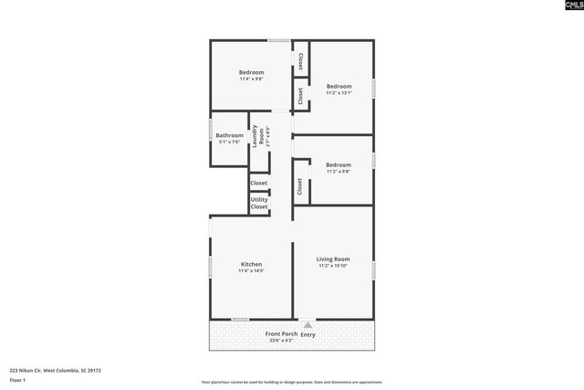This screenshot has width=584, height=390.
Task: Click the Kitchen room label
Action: (251, 264)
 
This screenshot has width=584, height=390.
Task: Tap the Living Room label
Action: (333, 259)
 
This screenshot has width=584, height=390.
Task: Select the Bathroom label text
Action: (229, 135)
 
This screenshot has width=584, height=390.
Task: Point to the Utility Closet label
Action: (259, 203)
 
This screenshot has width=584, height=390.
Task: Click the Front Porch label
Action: (280, 334)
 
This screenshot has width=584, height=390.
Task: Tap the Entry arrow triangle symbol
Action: (308, 324)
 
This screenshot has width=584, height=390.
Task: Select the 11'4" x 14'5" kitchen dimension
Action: (251, 271)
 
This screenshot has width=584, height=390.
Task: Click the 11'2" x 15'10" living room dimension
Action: (333, 267)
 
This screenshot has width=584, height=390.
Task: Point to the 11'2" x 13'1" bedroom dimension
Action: (339, 93)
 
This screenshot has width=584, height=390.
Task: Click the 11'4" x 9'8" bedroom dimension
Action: (251, 79)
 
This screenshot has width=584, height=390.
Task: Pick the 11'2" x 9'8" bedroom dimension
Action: (338, 172)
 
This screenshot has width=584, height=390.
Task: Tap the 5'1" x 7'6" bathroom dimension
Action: (228, 142)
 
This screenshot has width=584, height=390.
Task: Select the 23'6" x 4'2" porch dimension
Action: (280, 341)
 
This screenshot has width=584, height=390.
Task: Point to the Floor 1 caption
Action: (17, 379)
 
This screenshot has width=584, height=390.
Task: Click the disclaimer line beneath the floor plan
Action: (291, 383)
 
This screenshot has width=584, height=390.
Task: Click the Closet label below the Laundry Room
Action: (259, 183)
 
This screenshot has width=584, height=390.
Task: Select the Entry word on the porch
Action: (308, 334)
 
